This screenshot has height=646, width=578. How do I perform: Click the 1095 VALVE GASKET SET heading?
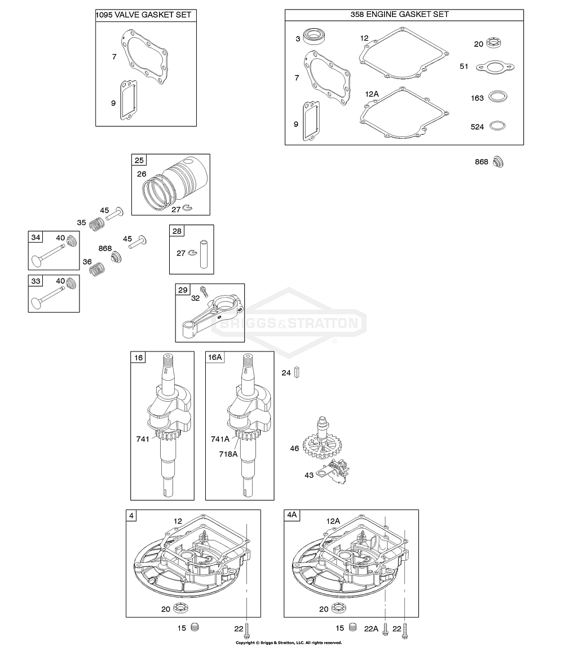click(143, 15)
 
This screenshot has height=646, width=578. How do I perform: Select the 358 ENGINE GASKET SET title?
click(399, 15)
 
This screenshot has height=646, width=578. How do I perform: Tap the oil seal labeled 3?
click(315, 36)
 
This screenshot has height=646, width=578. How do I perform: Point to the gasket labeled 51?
click(495, 67)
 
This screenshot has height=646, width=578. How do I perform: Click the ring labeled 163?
click(498, 97)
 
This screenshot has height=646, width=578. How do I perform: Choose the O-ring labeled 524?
click(497, 126)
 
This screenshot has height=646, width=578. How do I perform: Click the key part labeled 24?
click(297, 372)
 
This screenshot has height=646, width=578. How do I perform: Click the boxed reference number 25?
click(139, 160)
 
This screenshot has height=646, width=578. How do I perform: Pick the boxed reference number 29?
click(183, 289)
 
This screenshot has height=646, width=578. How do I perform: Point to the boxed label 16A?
click(215, 357)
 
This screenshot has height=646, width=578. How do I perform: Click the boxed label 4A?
click(292, 515)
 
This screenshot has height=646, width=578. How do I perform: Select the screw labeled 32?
click(204, 292)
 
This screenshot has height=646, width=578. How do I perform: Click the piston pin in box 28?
click(204, 254)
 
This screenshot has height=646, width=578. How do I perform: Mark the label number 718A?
click(228, 454)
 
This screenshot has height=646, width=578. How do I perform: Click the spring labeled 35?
click(97, 223)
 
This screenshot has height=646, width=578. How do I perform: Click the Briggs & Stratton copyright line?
click(289, 643)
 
